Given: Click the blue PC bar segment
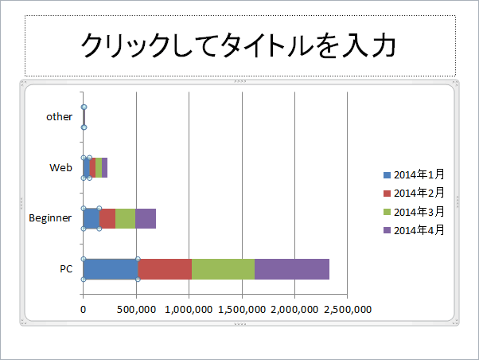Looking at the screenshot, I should tap(111, 269).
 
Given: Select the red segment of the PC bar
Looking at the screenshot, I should tap(165, 269).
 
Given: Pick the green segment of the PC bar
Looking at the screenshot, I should tap(223, 269).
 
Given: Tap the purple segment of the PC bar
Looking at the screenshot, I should tap(291, 269).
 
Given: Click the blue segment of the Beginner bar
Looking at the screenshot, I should tap(92, 218).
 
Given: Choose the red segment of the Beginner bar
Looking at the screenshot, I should tap(107, 218).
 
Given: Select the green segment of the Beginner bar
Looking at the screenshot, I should tap(125, 218).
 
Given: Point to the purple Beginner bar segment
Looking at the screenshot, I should tap(146, 218).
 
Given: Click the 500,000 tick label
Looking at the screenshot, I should tap(136, 310).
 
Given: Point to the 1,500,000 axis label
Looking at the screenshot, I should tap(242, 310).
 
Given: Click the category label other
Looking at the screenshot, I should tap(59, 116).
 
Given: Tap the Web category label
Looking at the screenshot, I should tap(60, 167).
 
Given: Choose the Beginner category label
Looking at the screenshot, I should tap(50, 217).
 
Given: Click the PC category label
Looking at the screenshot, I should tap(66, 269).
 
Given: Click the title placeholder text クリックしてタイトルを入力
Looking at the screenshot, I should tap(239, 46).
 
